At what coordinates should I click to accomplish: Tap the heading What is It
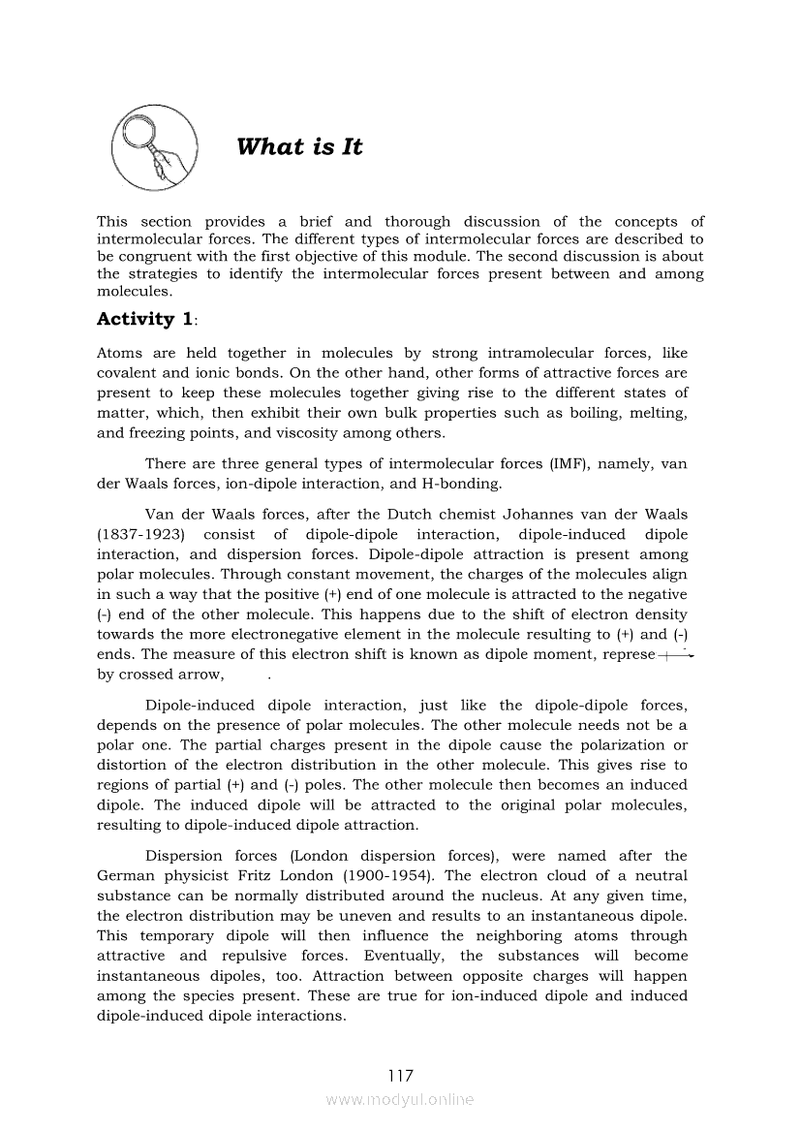click(x=299, y=147)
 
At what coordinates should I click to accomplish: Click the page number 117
click(x=400, y=1076)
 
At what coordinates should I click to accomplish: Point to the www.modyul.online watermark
click(x=400, y=1100)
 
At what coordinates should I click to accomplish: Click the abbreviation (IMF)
click(x=565, y=463)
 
